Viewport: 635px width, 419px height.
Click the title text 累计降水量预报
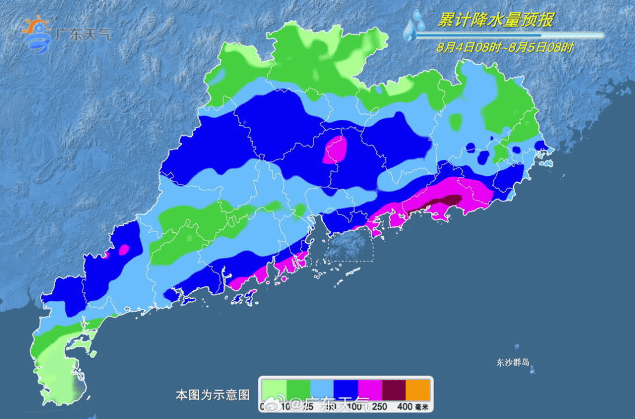[x=495, y=21]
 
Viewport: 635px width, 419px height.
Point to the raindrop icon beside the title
[x=415, y=27]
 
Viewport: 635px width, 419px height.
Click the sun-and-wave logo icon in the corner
[x=36, y=34]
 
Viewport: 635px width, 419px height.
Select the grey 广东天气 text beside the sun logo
[x=82, y=34]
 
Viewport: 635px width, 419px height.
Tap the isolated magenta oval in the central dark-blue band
[x=335, y=150]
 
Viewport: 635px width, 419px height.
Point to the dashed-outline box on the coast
[x=349, y=245]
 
